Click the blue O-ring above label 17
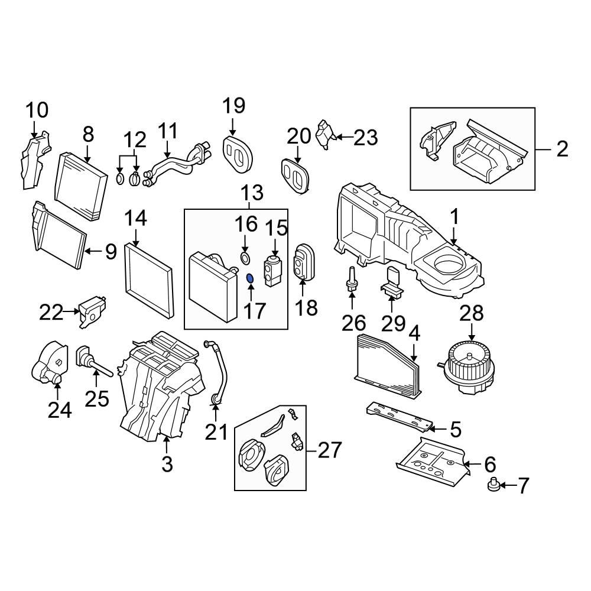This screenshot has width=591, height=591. click(249, 278)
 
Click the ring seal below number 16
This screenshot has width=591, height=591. click(245, 257)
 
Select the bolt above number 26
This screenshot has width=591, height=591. click(352, 278)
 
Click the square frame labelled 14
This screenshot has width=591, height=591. click(150, 278)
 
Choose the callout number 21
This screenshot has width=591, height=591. click(216, 432)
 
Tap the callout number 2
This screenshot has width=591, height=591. click(561, 148)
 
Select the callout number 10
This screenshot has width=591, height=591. click(37, 111)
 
